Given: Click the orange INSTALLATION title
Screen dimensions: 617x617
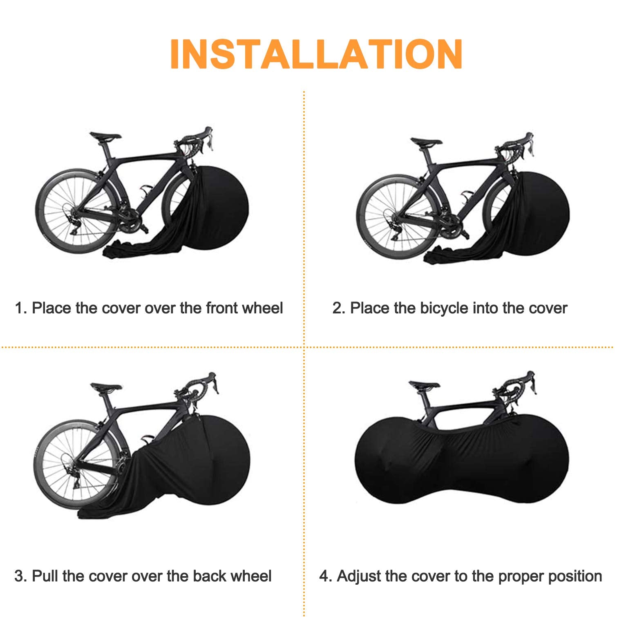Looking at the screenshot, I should point(316,54).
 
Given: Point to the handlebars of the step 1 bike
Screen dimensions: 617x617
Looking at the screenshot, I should point(200,139).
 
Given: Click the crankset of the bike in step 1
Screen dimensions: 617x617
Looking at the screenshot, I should point(130,223).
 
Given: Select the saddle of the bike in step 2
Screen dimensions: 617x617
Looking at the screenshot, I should point(426,142).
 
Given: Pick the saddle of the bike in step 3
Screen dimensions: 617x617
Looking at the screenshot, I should point(106,387).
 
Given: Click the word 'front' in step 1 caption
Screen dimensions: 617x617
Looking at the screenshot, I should point(222,308).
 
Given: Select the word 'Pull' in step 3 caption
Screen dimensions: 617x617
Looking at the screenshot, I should point(45,576).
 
